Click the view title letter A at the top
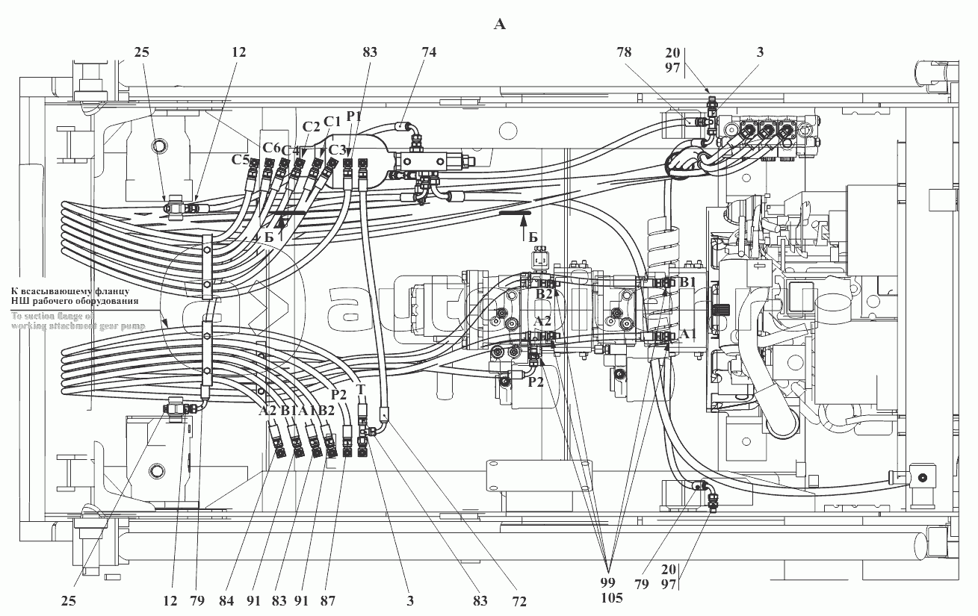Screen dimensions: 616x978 [500, 25]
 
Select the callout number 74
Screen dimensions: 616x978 [428, 52]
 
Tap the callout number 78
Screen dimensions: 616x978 [624, 52]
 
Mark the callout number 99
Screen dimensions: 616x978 [607, 581]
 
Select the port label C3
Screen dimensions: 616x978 [338, 149]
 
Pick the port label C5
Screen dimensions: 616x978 [240, 159]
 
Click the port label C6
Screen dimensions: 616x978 [271, 147]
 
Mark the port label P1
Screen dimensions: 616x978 [354, 116]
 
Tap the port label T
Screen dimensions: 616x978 [360, 389]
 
